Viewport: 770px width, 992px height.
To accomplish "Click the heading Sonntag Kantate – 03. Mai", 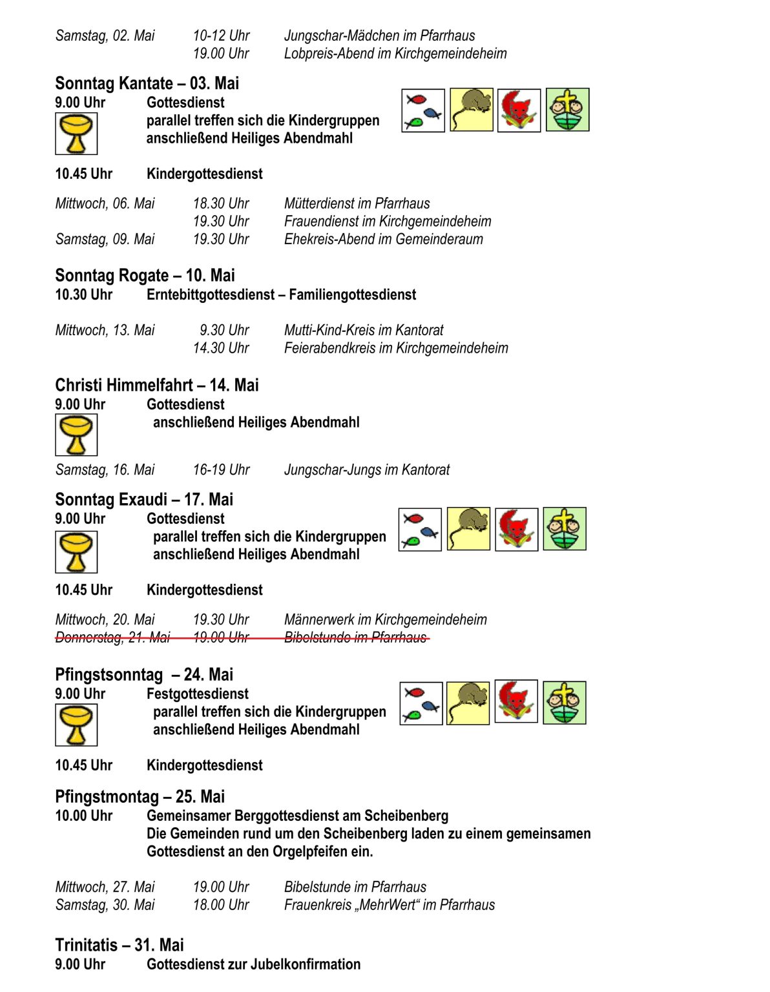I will pyautogui.click(x=147, y=83).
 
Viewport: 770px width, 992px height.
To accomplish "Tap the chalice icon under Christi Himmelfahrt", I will pyautogui.click(x=76, y=435).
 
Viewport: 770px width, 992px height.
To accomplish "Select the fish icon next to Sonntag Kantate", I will pyautogui.click(x=423, y=110).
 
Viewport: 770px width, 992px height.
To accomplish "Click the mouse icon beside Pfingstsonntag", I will pyautogui.click(x=468, y=703).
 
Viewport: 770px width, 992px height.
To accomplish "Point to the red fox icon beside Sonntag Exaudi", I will pyautogui.click(x=516, y=530).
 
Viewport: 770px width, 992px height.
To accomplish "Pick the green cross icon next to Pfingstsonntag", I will pyautogui.click(x=565, y=703).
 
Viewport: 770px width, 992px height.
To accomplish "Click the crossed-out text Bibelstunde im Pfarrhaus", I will pyautogui.click(x=355, y=637).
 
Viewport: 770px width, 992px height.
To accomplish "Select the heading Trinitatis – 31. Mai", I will pyautogui.click(x=120, y=945).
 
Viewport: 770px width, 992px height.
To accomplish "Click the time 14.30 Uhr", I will pyautogui.click(x=221, y=348).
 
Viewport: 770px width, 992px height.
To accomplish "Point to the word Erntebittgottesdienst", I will pyautogui.click(x=211, y=295).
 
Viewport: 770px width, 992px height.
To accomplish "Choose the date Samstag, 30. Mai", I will pyautogui.click(x=105, y=905).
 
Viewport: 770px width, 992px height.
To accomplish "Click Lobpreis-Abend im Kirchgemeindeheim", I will pyautogui.click(x=395, y=54).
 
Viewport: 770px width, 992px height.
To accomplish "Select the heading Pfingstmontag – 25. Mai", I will pyautogui.click(x=140, y=796).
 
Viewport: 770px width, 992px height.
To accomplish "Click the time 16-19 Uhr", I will pyautogui.click(x=221, y=470).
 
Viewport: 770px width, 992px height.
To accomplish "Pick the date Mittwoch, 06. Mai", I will pyautogui.click(x=105, y=203).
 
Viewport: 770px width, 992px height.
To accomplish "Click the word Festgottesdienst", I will pyautogui.click(x=197, y=694).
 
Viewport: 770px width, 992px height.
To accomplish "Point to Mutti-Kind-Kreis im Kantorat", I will pyautogui.click(x=364, y=330).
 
